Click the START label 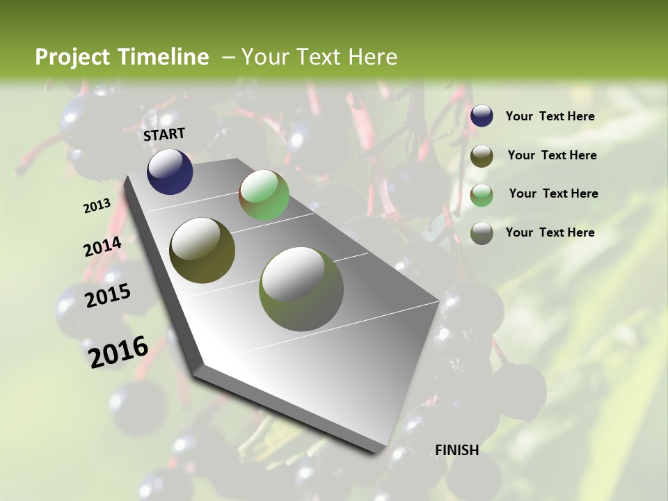164,134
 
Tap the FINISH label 456,450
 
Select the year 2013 97,206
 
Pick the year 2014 102,247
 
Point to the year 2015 108,296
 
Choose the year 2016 118,352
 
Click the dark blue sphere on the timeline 170,171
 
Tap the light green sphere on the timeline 264,196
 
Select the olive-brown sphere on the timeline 202,250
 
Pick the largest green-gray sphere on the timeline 301,289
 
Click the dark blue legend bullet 482,116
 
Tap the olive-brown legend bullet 482,156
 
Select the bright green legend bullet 482,195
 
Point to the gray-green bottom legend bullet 482,233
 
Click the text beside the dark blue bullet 550,117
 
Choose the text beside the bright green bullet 553,193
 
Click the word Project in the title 73,57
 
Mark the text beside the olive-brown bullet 552,155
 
